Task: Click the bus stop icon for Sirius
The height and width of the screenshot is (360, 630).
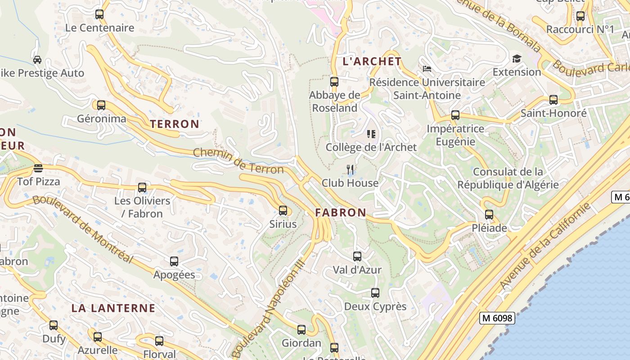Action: tap(283, 210)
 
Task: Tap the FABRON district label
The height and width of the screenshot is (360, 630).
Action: tap(341, 212)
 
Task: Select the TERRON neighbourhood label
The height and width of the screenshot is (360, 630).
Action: tap(175, 124)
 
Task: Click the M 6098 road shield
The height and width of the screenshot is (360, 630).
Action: tap(497, 318)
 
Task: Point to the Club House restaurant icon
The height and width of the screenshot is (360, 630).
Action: tap(350, 170)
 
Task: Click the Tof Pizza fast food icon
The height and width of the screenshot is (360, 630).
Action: tap(38, 168)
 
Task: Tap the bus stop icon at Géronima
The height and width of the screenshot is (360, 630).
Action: tap(101, 105)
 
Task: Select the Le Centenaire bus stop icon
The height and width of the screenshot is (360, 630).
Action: tap(99, 14)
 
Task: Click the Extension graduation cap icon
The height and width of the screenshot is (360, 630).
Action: tap(516, 58)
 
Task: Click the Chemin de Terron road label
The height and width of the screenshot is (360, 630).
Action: tap(238, 161)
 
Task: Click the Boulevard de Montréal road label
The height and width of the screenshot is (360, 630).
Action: tap(83, 229)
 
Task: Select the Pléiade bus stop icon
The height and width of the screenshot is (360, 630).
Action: tap(489, 215)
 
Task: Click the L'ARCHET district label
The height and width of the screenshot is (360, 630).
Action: tap(372, 61)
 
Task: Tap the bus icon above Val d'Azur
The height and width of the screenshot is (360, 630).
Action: tap(357, 256)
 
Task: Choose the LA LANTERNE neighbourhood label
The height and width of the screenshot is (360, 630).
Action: tap(113, 308)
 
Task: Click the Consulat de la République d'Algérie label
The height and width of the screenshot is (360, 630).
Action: tap(508, 178)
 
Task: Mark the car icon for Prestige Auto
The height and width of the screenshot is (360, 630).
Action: tap(37, 59)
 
